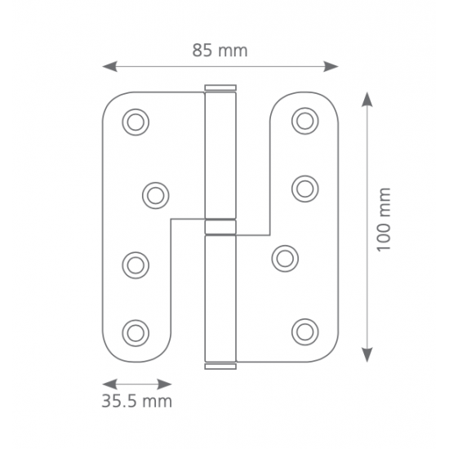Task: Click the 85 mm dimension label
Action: (x=220, y=51)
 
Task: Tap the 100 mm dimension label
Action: (x=384, y=220)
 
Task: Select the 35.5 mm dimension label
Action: (x=137, y=401)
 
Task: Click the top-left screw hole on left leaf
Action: (x=136, y=122)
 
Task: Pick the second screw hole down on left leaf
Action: (x=155, y=196)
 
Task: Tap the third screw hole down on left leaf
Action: (x=136, y=265)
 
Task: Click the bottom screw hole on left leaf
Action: (x=136, y=333)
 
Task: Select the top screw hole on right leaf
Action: (x=305, y=121)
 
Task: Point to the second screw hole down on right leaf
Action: (x=305, y=189)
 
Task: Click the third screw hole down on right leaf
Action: (x=285, y=259)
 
